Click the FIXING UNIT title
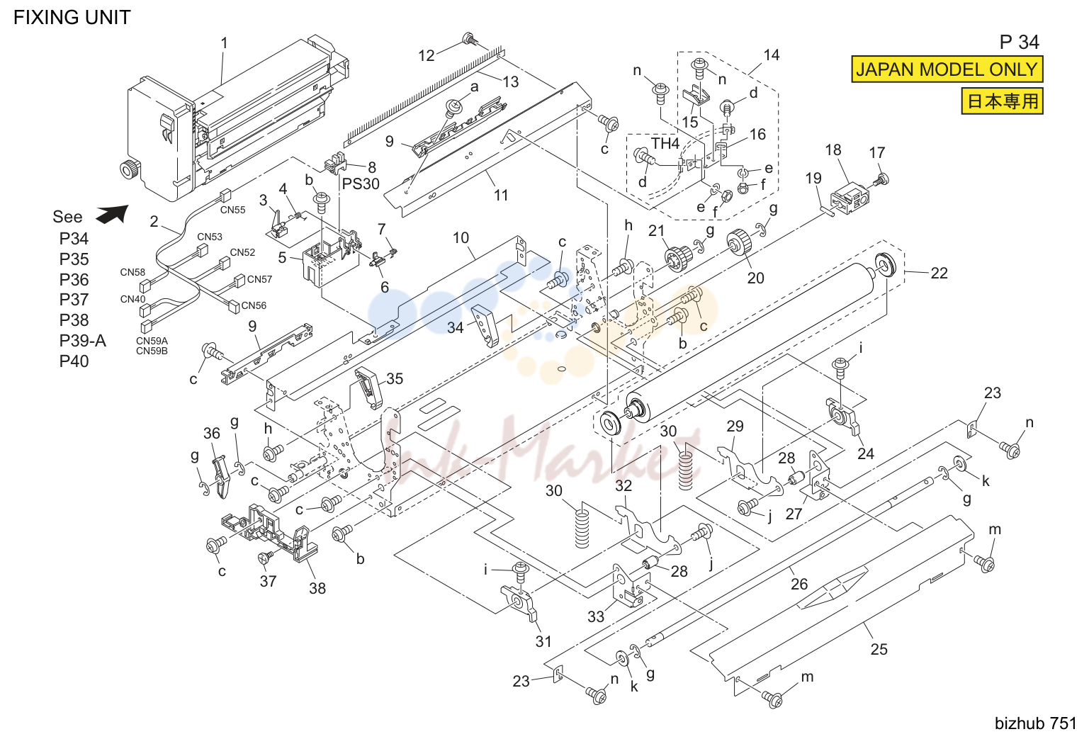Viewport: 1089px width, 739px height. click(x=72, y=18)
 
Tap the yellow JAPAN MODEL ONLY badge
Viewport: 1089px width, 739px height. click(x=947, y=69)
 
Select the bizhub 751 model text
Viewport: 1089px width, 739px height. click(x=1036, y=723)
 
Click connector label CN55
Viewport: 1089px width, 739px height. click(x=232, y=210)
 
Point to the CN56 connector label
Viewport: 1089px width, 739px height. click(x=254, y=305)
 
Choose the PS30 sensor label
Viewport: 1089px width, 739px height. click(x=361, y=184)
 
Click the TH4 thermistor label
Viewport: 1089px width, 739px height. click(x=665, y=143)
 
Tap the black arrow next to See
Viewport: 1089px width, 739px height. click(x=113, y=214)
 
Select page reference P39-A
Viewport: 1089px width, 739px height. click(x=83, y=341)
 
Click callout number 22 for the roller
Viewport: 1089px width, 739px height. click(x=940, y=273)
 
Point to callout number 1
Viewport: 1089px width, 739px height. click(x=224, y=43)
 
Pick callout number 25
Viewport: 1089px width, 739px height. click(x=879, y=649)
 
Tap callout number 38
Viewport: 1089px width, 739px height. click(x=317, y=588)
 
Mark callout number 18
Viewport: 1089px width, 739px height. click(x=833, y=150)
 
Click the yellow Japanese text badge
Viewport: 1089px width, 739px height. click(x=1003, y=101)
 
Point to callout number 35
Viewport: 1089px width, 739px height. click(x=395, y=379)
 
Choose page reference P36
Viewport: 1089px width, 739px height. click(x=74, y=280)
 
